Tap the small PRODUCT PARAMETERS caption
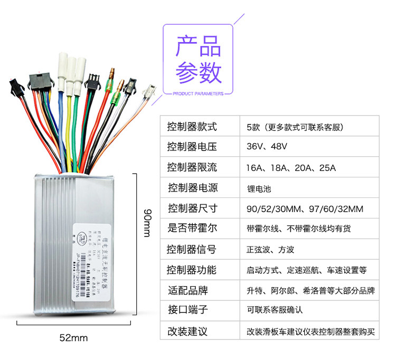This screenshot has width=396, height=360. coord(198,94)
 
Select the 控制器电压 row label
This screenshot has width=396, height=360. coord(192,146)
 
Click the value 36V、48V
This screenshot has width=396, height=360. coord(266,146)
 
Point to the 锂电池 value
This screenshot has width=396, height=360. coord(258,188)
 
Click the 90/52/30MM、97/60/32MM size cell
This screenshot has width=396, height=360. coord(305,209)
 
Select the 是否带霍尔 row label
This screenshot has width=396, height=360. coord(192,229)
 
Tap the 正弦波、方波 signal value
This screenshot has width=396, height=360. coord(271,250)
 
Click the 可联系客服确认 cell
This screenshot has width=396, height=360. coord(275,310)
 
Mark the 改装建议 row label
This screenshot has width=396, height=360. coord(187,331)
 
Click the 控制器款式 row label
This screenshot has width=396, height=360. coord(192,127)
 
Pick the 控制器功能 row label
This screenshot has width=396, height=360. coord(192,270)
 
